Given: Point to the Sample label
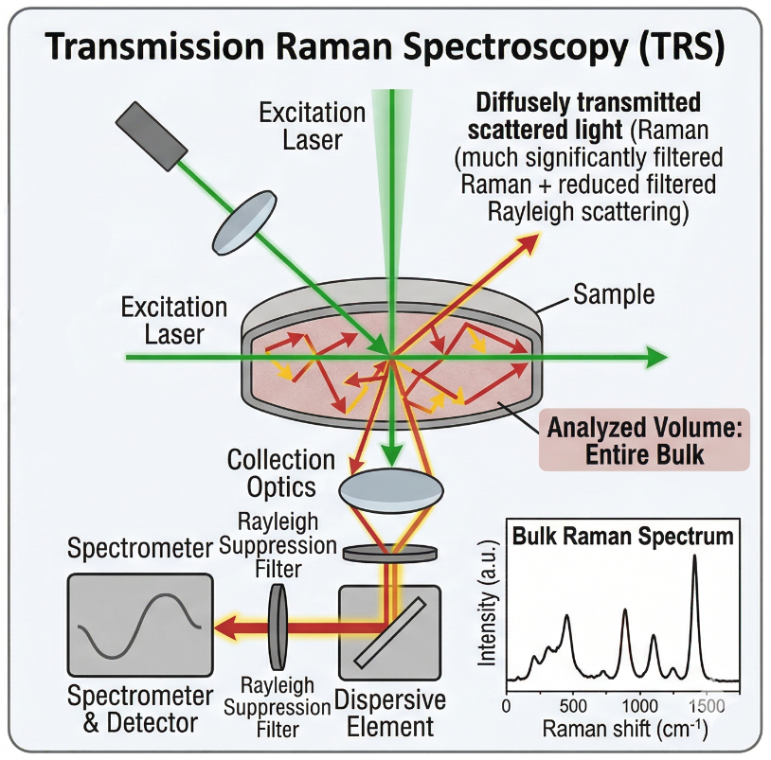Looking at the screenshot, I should point(614,294).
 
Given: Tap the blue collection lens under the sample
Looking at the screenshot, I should point(389,488).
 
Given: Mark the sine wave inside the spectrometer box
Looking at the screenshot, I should point(139,627).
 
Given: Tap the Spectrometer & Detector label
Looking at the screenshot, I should point(140,710).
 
